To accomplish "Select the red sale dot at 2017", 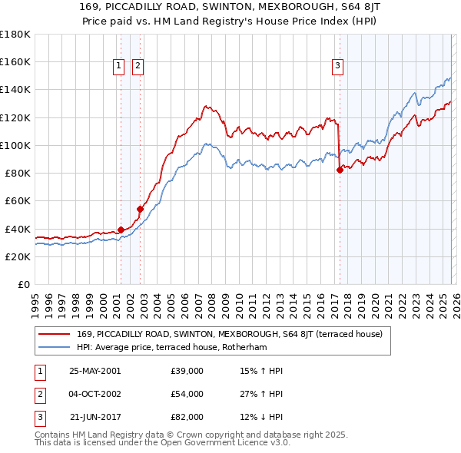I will coord(340,170).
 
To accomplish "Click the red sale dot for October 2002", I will coord(140,209).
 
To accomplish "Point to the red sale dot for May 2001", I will coord(121,230).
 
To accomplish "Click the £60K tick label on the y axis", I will coord(15,200).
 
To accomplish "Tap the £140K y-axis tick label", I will coord(14,89).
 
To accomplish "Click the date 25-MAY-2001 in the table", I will coord(95,371).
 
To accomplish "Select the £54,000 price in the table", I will coord(187,394).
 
